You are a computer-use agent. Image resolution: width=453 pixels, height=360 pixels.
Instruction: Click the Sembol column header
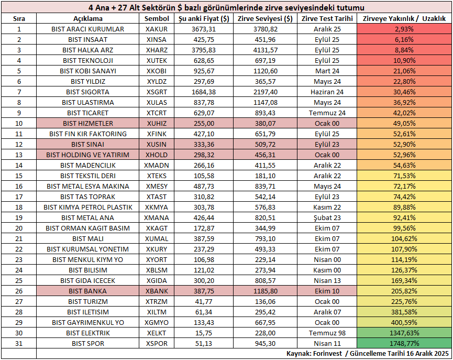click(x=157, y=18)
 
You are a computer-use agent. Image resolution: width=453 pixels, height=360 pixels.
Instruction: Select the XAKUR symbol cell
click(x=157, y=29)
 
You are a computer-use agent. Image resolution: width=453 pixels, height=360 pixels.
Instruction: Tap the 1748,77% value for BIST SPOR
click(x=404, y=343)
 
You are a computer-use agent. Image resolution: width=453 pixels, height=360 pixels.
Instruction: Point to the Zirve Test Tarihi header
click(x=327, y=18)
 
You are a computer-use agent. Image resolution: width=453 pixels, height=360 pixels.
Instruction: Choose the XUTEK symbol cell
click(x=157, y=60)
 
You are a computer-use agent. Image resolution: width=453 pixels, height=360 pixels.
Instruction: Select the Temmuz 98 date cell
click(x=327, y=333)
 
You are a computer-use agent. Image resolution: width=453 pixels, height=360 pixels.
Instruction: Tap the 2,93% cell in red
click(x=404, y=29)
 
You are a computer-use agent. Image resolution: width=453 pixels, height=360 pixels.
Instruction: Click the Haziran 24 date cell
click(x=327, y=92)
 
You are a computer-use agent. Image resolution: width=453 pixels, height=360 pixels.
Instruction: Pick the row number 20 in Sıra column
click(x=19, y=228)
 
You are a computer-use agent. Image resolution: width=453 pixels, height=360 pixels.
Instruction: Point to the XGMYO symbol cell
click(x=157, y=322)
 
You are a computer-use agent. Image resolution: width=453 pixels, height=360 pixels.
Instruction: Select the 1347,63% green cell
click(x=404, y=333)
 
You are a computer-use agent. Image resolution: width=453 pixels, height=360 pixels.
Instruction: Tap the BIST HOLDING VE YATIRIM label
click(x=88, y=155)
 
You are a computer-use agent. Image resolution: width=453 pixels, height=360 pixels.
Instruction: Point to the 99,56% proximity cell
click(x=404, y=228)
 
